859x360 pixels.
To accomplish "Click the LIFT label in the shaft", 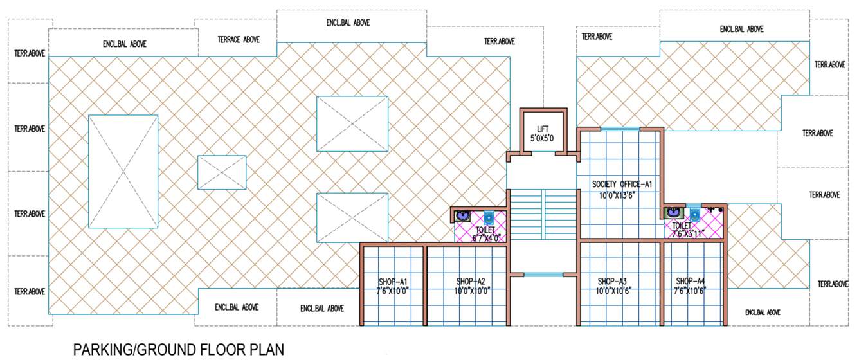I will tap(543, 129).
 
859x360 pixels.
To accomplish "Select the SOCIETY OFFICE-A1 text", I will tap(617, 185).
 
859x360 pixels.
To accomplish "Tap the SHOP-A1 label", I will tap(392, 282).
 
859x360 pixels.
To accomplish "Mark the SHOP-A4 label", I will tap(691, 282).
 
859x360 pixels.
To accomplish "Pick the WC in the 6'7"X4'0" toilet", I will tap(488, 216).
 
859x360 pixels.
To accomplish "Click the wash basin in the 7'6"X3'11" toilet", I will tap(673, 212).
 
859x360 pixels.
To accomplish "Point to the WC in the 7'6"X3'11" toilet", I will tap(694, 213).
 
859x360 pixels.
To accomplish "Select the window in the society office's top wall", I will tap(620, 129).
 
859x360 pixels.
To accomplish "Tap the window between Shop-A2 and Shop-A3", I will tap(543, 274).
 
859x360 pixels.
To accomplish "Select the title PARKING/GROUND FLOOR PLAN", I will tap(178, 349).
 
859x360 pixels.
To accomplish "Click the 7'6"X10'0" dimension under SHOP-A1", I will tap(392, 291).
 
